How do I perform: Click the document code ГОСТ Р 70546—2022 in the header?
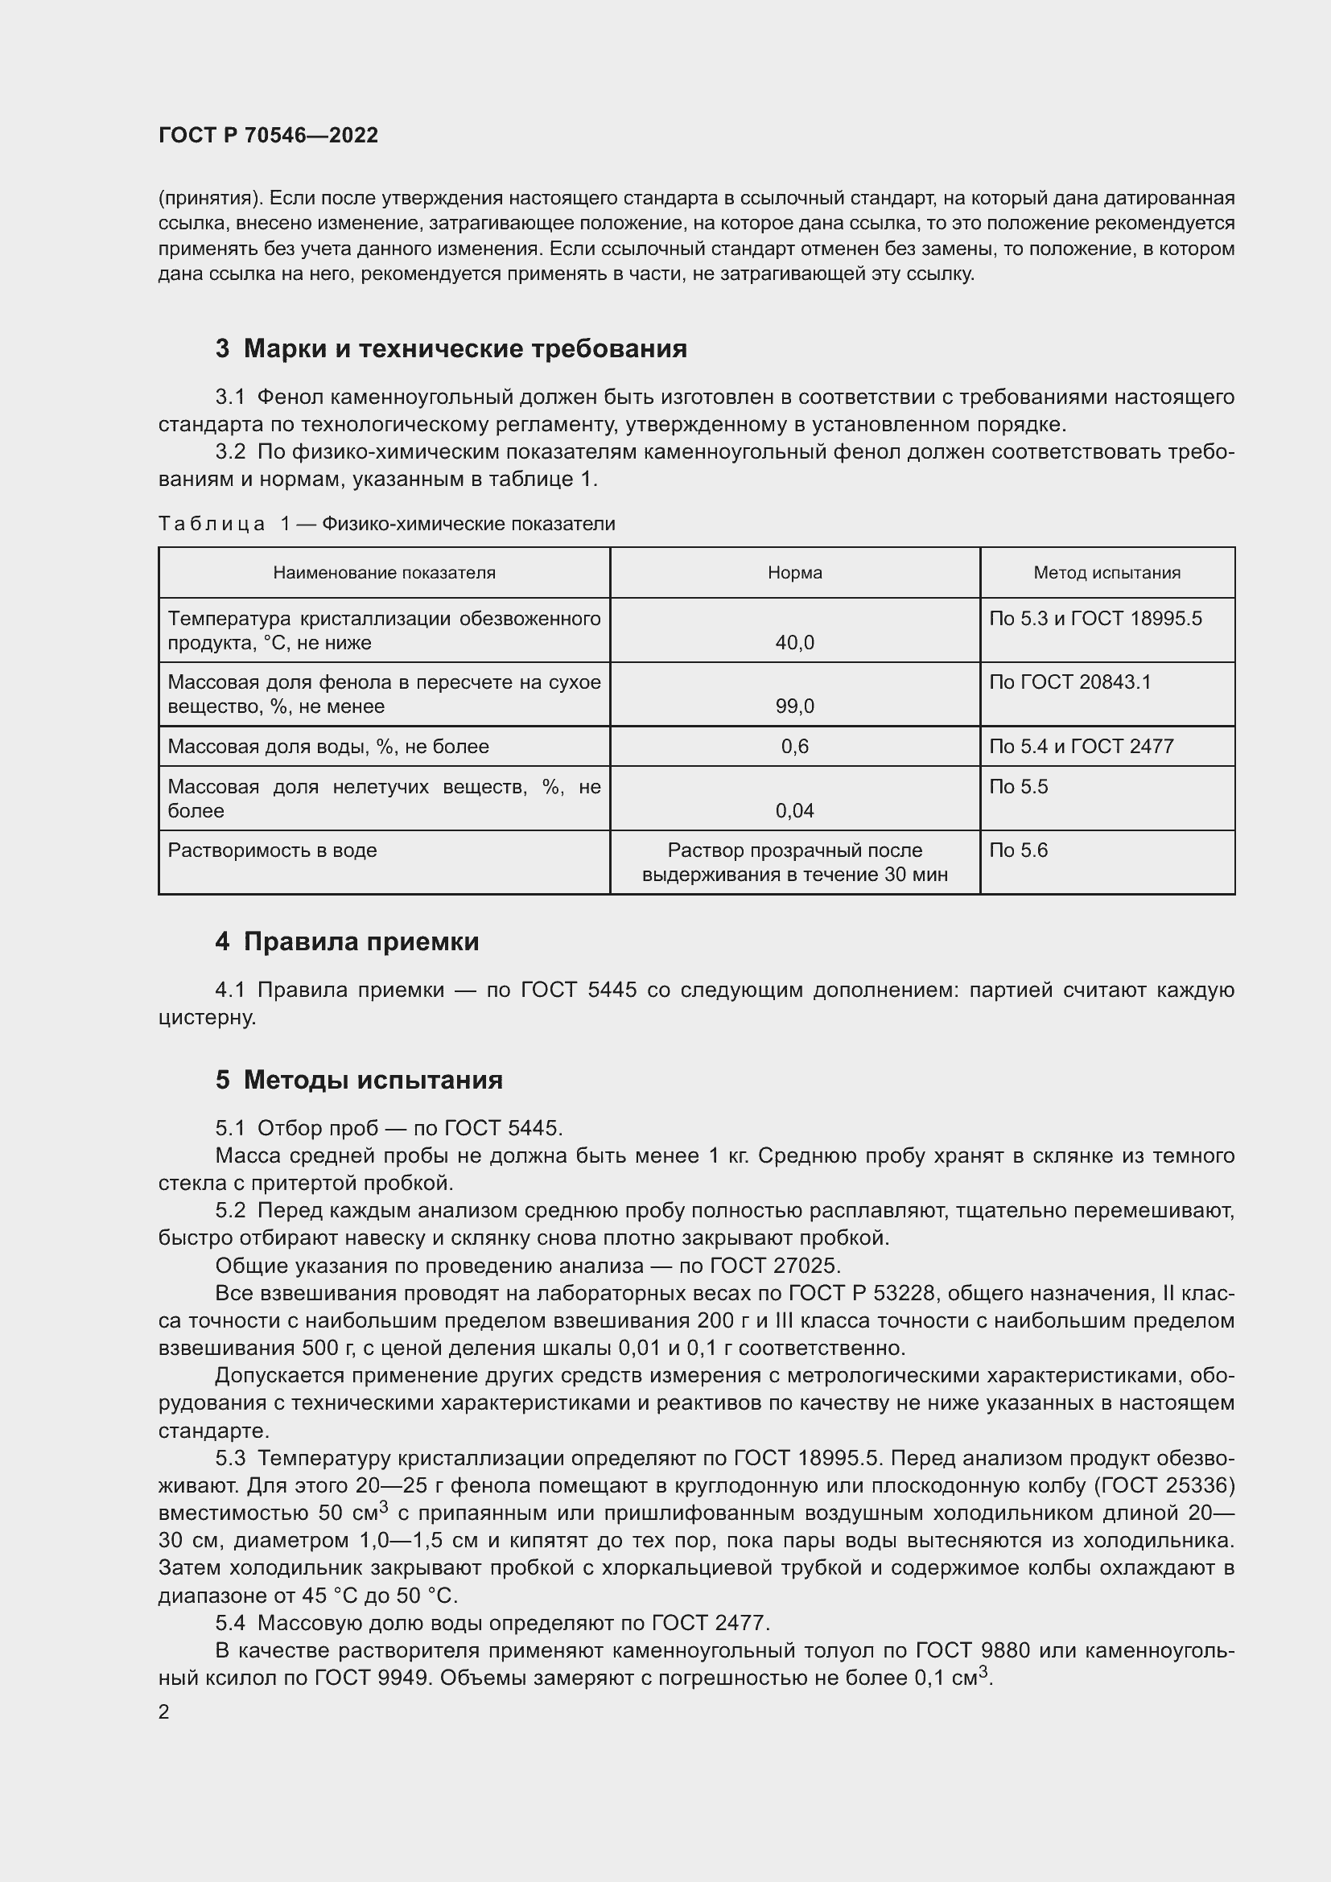[x=268, y=135]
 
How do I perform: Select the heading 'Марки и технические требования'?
[x=464, y=349]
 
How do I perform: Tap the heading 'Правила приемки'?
[x=361, y=942]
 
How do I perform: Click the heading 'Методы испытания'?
[x=373, y=1081]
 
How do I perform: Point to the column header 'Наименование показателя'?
[x=384, y=573]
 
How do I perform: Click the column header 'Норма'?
[x=794, y=573]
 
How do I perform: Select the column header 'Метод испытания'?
[x=1106, y=573]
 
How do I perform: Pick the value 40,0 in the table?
[x=794, y=643]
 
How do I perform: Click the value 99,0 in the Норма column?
[x=794, y=706]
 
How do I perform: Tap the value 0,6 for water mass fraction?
[x=794, y=747]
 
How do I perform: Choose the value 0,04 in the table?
[x=794, y=812]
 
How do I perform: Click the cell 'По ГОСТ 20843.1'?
[x=1069, y=682]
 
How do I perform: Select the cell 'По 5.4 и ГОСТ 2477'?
[x=1081, y=747]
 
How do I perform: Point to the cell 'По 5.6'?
[x=1018, y=850]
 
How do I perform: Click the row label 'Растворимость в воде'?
[x=272, y=850]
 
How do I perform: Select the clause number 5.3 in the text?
[x=230, y=1459]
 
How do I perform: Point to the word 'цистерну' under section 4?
[x=206, y=1018]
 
